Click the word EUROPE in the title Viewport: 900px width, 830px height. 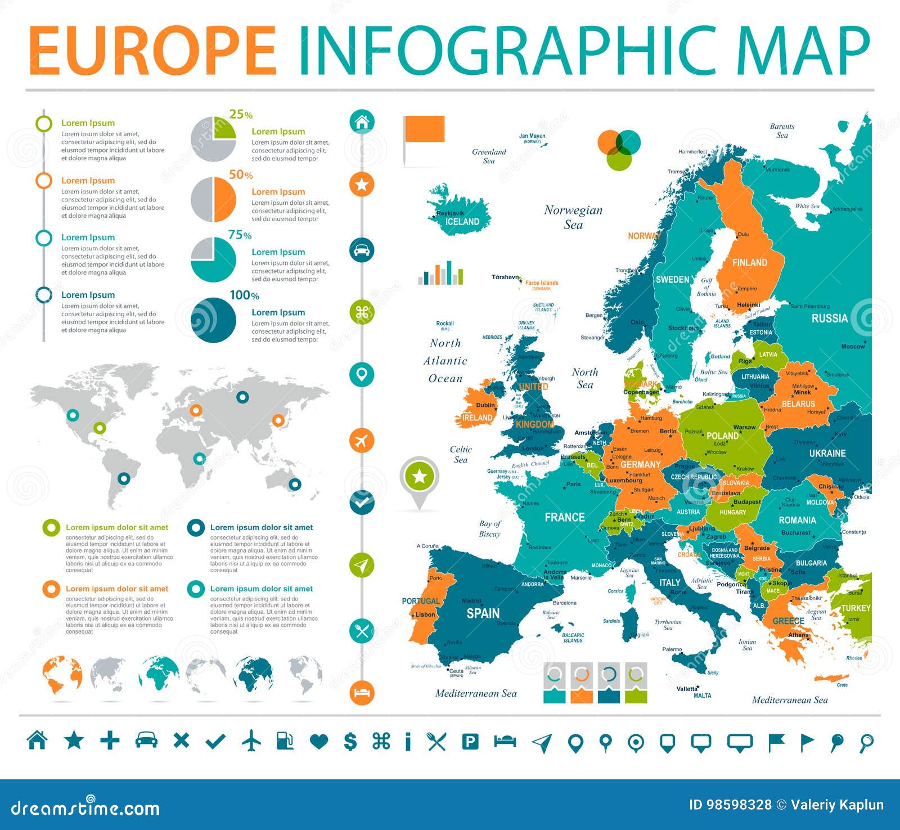(153, 51)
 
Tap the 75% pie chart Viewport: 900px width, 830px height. (213, 259)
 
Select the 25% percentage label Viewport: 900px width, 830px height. (241, 114)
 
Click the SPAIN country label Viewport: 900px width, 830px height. (483, 613)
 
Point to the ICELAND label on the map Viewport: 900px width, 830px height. (462, 222)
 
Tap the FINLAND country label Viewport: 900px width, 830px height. (749, 262)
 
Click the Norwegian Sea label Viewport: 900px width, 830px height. (573, 217)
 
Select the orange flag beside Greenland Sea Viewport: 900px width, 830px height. (424, 129)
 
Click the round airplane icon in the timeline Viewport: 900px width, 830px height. (362, 440)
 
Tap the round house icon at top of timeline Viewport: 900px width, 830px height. (362, 122)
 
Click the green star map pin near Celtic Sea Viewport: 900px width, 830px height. (420, 478)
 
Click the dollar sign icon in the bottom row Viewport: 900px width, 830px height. (350, 742)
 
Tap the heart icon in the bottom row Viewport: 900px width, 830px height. (319, 742)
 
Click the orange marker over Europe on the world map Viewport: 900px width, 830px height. (195, 410)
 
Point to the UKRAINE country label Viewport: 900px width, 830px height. (827, 454)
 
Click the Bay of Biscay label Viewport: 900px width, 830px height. (489, 528)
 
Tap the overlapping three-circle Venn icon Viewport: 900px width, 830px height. (619, 149)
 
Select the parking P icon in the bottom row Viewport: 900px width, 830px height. (470, 742)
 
